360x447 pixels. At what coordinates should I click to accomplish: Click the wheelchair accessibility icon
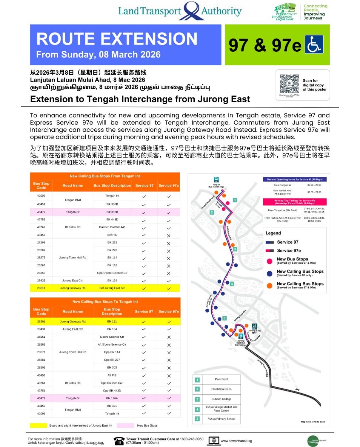click(x=314, y=44)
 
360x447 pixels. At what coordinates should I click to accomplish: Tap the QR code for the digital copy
click(x=289, y=84)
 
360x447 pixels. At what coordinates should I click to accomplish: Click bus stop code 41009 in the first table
click(x=41, y=196)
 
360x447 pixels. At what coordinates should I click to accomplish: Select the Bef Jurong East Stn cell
click(x=112, y=288)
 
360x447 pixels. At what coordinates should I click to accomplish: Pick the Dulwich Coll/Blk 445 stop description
click(x=112, y=227)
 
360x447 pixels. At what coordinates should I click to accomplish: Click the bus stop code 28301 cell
click(x=41, y=322)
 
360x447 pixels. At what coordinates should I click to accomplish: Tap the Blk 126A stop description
click(x=112, y=398)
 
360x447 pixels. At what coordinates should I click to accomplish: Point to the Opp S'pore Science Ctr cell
click(x=112, y=273)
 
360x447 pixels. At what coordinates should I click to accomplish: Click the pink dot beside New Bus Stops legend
click(x=270, y=261)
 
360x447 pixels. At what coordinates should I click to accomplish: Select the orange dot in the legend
click(x=270, y=285)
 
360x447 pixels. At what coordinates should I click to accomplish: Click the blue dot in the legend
click(x=270, y=273)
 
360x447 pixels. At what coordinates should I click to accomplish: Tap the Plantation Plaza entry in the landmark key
click(x=221, y=389)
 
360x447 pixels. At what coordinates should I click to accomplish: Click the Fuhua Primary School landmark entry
click(x=221, y=419)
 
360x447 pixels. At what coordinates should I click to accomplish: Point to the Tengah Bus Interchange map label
click(x=216, y=186)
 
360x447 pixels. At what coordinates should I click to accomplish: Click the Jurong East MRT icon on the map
click(x=254, y=326)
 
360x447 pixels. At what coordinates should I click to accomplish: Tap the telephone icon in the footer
click(x=119, y=441)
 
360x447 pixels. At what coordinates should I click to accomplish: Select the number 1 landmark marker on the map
click(x=235, y=200)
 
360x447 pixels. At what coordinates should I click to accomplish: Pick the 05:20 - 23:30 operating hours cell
click(x=314, y=185)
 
